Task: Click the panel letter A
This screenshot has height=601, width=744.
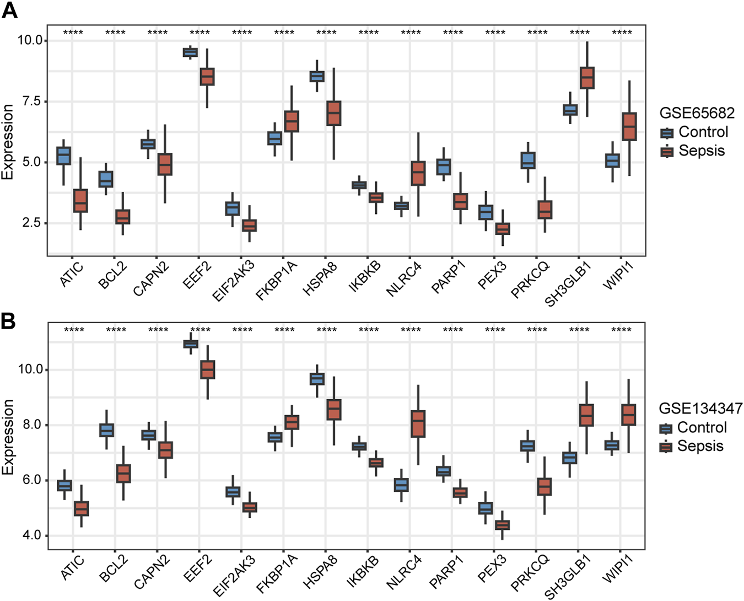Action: click(9, 10)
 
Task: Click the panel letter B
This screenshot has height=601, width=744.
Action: click(8, 321)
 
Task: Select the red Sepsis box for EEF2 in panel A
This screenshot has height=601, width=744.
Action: click(207, 77)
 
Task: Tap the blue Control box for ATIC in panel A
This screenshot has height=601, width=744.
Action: click(64, 155)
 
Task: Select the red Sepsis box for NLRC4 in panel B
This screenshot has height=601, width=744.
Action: click(418, 424)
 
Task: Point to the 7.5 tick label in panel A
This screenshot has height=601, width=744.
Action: click(30, 101)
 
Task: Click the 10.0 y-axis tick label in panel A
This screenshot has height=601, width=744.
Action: click(30, 40)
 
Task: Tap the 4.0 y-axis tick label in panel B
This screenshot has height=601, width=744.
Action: click(30, 535)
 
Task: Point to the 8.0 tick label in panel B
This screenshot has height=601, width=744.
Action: click(30, 425)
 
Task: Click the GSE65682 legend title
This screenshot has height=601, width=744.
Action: click(697, 113)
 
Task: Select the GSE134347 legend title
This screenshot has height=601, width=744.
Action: click(700, 409)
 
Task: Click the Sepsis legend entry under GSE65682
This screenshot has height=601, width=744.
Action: click(701, 151)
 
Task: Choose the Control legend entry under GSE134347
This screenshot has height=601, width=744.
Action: click(702, 428)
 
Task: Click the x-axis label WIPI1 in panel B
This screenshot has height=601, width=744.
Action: click(617, 568)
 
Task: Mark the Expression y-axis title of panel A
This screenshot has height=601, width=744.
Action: click(8, 142)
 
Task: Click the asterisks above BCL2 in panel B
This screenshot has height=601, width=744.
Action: click(116, 330)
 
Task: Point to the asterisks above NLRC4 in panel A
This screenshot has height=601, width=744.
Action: click(411, 33)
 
